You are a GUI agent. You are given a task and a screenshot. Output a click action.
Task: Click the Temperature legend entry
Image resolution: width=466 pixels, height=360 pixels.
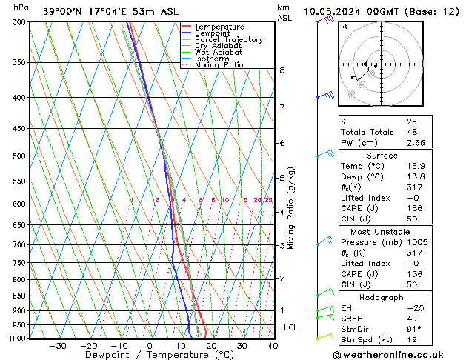[x=219, y=27]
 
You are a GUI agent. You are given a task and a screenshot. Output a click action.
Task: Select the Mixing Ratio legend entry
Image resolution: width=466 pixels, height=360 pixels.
[x=219, y=65]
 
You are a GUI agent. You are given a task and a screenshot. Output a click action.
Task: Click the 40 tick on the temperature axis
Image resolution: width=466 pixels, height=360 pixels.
[x=273, y=345]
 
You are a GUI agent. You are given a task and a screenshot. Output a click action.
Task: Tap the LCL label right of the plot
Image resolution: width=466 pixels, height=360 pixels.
[x=291, y=327]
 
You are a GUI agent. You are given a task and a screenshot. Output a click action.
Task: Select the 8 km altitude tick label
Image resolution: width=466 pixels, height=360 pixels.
[x=282, y=70]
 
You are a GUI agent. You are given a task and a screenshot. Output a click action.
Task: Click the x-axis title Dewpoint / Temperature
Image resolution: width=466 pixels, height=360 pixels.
[x=149, y=355]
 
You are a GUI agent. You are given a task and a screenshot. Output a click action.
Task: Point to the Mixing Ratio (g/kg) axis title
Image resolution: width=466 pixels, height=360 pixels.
[x=291, y=208]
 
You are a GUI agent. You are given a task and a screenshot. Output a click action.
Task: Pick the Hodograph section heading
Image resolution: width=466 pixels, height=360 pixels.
[x=376, y=297]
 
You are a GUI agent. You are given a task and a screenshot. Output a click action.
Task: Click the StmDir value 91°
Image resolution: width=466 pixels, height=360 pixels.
[x=413, y=329]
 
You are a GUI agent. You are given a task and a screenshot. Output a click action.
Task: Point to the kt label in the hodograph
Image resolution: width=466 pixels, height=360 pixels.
[x=344, y=27]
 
